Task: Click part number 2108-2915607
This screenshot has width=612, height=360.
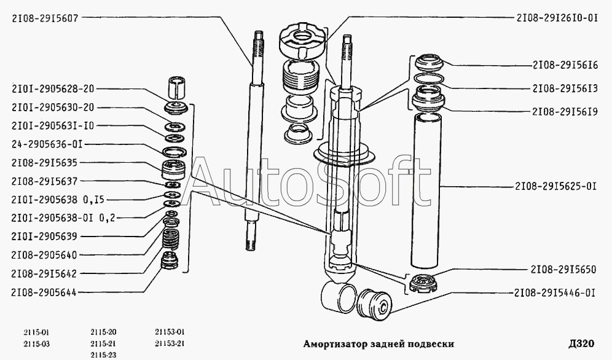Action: [45, 18]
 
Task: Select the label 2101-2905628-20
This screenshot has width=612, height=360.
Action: [53, 89]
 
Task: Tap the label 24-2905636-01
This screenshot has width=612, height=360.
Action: [47, 145]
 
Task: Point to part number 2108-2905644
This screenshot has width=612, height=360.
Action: [44, 292]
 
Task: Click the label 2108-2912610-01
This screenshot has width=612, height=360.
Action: [557, 18]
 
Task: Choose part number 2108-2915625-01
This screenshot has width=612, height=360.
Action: [556, 186]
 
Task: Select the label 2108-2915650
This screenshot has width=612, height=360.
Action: [563, 270]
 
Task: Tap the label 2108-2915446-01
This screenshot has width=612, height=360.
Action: [555, 293]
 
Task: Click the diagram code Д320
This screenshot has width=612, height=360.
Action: [581, 343]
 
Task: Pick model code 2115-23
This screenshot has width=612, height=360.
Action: [103, 355]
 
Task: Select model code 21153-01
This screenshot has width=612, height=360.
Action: [170, 332]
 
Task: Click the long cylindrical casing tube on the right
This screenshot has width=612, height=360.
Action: [426, 191]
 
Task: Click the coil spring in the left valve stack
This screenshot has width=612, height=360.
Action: [171, 239]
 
